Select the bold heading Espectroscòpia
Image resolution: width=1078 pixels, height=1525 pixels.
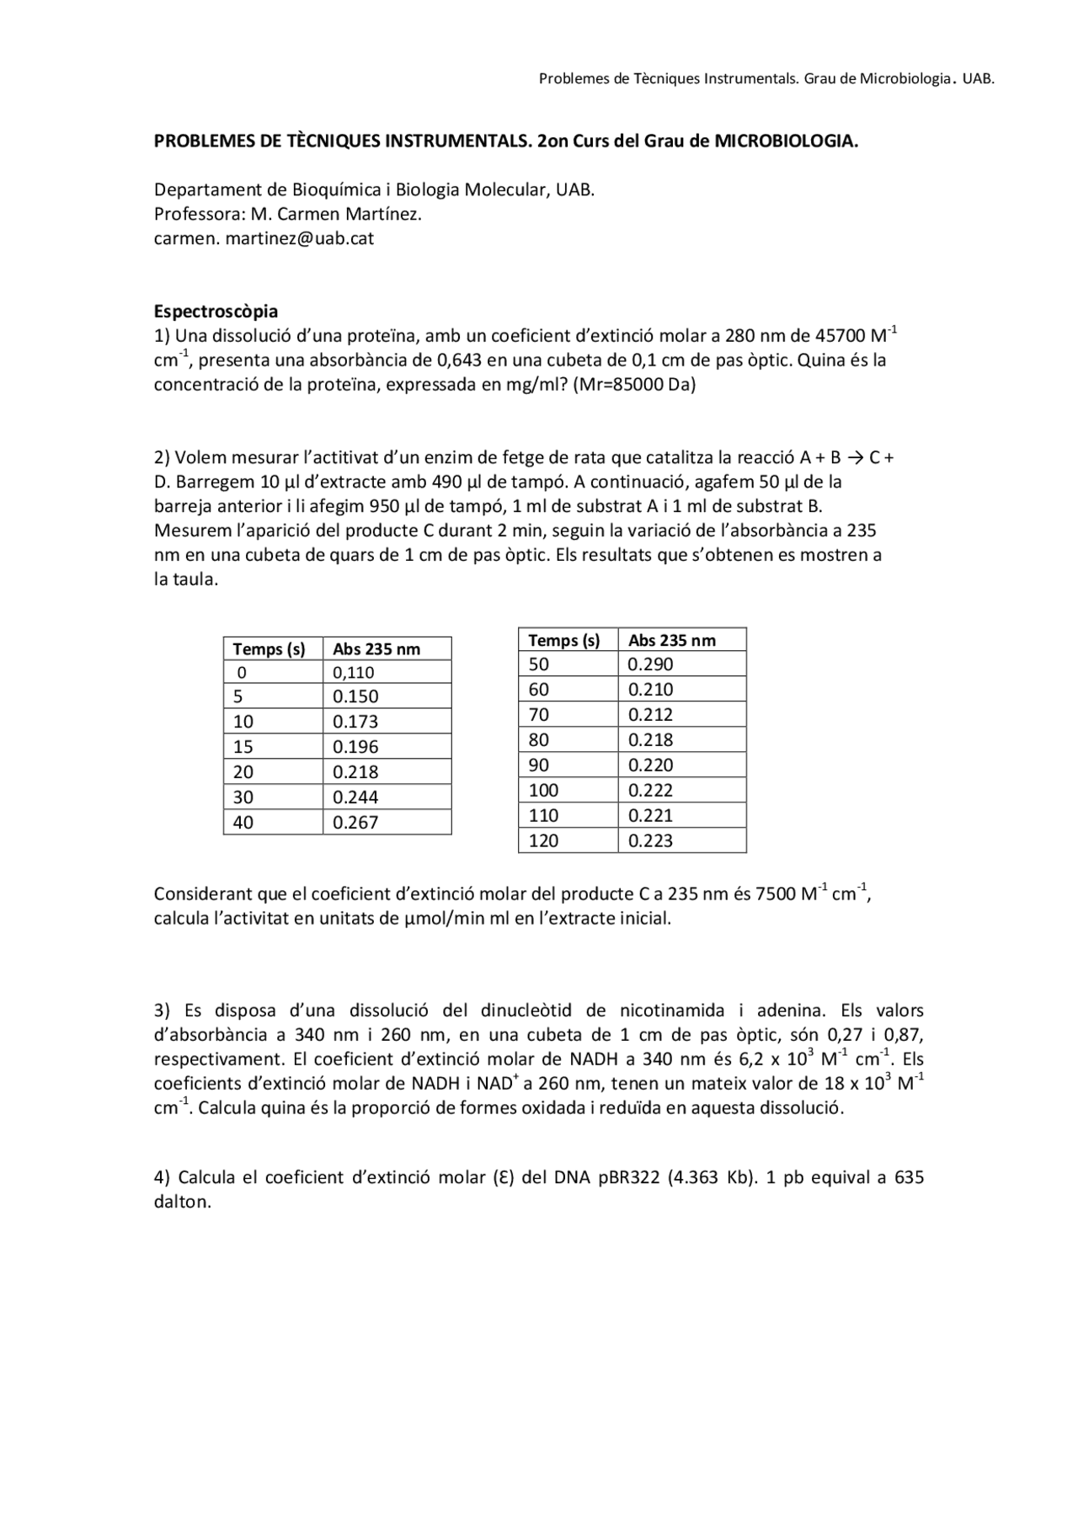(x=216, y=312)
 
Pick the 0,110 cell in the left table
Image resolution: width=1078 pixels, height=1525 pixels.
(x=354, y=672)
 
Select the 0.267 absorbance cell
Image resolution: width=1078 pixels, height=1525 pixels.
(x=355, y=822)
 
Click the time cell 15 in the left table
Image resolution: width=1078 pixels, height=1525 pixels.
(x=243, y=746)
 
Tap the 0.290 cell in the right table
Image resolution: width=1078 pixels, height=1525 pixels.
(x=650, y=664)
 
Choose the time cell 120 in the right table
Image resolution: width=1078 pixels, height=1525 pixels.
(x=543, y=840)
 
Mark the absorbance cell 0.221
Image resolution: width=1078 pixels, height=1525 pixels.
(x=650, y=815)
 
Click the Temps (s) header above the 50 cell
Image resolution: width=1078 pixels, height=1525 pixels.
(x=564, y=640)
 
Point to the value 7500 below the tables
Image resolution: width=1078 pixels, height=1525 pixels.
(x=775, y=894)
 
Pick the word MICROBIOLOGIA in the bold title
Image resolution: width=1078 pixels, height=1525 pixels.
(x=785, y=141)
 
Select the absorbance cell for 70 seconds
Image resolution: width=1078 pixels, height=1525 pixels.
(x=650, y=714)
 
